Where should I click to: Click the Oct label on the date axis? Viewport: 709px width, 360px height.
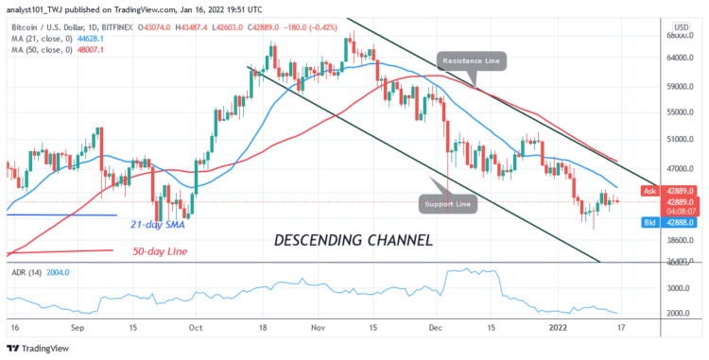click(196, 327)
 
